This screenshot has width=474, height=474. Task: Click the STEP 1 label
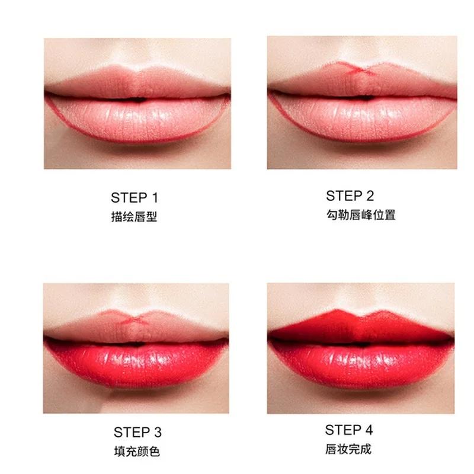pos(134,198)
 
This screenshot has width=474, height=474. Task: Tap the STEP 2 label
pos(350,196)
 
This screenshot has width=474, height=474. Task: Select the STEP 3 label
pos(137,432)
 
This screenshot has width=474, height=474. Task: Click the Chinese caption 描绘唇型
pos(134,217)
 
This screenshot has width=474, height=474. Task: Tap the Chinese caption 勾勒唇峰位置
pos(360,214)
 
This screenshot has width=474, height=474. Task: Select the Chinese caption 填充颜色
pos(137,451)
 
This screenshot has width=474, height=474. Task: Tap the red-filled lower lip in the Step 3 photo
pos(136,361)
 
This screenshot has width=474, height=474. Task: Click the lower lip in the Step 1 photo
pos(137,118)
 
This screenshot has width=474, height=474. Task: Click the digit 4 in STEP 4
pos(369,430)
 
